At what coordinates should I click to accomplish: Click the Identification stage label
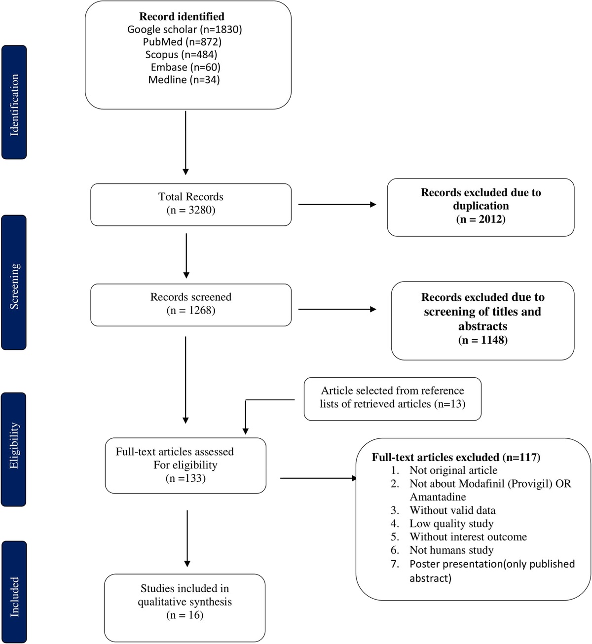tap(14, 103)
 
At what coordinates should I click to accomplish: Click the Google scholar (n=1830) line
tap(185, 29)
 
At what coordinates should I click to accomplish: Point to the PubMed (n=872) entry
tap(182, 42)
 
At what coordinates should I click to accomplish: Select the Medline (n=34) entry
tap(184, 79)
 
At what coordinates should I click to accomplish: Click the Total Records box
tap(191, 204)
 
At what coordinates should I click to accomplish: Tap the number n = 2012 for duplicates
tap(481, 219)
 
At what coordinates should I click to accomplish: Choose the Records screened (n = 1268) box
tap(191, 304)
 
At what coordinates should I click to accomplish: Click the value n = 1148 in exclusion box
tap(482, 340)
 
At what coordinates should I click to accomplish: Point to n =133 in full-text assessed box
tap(185, 478)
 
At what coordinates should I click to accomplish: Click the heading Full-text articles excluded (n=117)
tap(456, 457)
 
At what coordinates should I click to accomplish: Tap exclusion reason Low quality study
tap(451, 524)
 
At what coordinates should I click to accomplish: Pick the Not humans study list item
tap(451, 550)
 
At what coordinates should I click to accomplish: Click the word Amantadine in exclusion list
tap(438, 497)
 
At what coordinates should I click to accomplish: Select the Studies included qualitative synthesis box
tap(185, 601)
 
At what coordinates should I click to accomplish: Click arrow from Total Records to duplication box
tap(337, 204)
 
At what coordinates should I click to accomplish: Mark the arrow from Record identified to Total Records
tap(185, 143)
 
